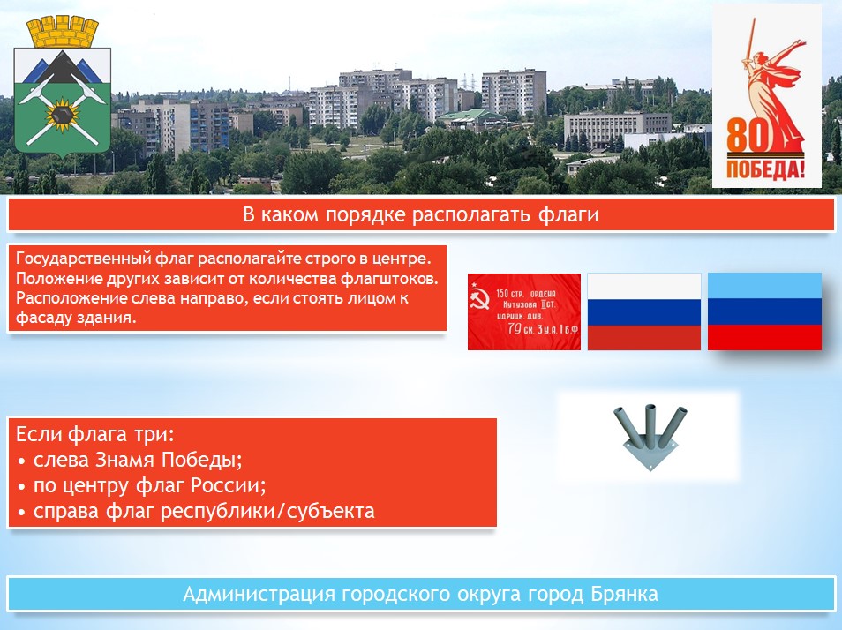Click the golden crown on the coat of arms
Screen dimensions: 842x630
point(63,32)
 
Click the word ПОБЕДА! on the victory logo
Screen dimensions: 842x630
point(766,169)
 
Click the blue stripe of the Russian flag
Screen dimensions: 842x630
point(643,312)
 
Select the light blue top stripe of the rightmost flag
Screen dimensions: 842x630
point(764,286)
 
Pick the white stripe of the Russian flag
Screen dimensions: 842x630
point(643,287)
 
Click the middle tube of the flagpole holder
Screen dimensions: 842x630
point(650,422)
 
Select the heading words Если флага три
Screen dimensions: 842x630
point(95,434)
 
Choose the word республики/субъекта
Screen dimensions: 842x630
point(267,512)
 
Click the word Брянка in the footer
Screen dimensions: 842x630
point(625,594)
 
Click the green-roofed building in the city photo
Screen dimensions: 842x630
point(472,119)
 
